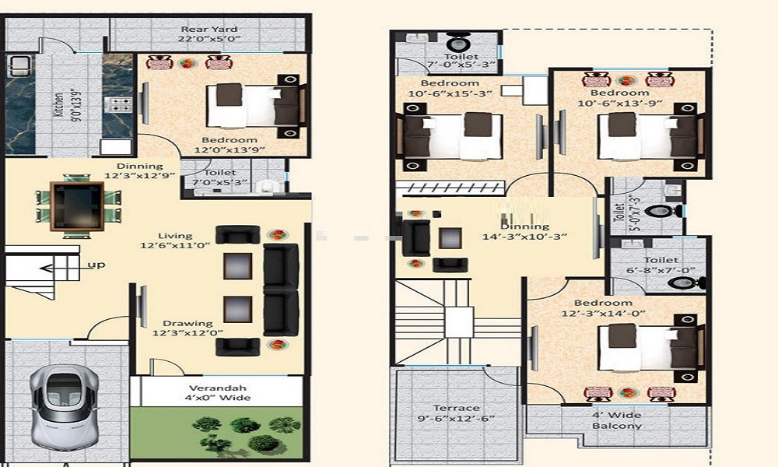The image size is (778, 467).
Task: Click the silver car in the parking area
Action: [x=63, y=407]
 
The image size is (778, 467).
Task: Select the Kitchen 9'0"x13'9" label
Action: [x=65, y=104]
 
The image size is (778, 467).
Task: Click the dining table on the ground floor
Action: [x=77, y=206]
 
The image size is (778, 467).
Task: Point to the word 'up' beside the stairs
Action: [x=96, y=265]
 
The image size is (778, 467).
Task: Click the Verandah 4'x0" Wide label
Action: [x=218, y=392]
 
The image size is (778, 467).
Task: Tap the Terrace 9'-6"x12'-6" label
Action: [x=456, y=413]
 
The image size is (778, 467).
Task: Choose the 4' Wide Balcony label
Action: [x=617, y=420]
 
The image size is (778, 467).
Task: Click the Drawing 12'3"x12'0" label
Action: [x=187, y=328]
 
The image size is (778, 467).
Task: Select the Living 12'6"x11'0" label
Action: [x=175, y=241]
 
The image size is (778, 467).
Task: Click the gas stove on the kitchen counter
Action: [x=118, y=105]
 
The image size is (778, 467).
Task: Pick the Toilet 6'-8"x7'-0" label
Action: [x=661, y=265]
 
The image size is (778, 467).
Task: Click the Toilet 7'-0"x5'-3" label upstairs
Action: [x=461, y=60]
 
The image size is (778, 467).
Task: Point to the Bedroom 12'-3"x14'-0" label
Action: [x=604, y=307]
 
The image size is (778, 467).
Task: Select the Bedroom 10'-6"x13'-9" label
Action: [x=620, y=98]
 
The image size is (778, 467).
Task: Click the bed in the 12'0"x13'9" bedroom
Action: [x=254, y=106]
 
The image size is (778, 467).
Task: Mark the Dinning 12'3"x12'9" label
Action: [x=140, y=170]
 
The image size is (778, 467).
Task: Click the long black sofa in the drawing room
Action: [x=281, y=290]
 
